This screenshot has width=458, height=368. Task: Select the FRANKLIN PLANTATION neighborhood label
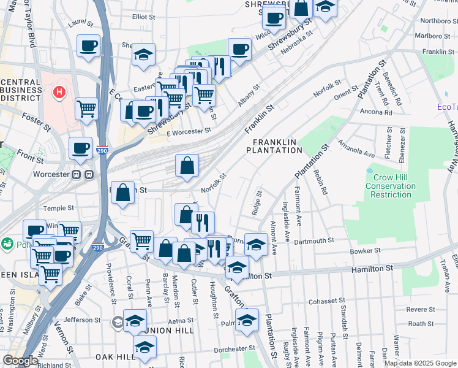coord(275,146)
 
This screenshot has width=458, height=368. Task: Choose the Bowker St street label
coord(365,251)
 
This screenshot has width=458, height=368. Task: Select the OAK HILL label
coord(114,356)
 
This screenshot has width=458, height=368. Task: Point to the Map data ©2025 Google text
coord(419,363)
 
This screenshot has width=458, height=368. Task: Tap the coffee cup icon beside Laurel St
coord(88,46)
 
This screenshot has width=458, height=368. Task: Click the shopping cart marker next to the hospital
coord(87,109)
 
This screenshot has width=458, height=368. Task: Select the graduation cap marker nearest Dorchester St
coord(145,347)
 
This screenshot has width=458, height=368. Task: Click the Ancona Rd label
coord(376,112)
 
